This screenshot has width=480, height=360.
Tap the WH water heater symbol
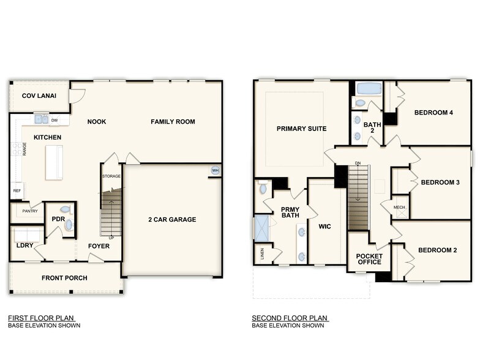[215, 170]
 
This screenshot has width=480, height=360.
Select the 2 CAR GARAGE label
[172, 219]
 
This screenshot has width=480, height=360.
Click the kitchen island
[54, 162]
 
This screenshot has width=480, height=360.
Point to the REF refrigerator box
[17, 190]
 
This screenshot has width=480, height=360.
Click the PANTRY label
[30, 211]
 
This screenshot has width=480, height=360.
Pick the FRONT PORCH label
[64, 278]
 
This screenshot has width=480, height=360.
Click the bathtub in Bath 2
[369, 88]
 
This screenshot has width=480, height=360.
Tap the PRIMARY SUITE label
[301, 129]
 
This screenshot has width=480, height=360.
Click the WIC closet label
[324, 227]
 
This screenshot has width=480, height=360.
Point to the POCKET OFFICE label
[369, 258]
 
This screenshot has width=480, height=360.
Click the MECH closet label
[399, 208]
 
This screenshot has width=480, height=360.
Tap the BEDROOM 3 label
[440, 182]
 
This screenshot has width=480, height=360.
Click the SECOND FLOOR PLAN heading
[290, 318]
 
